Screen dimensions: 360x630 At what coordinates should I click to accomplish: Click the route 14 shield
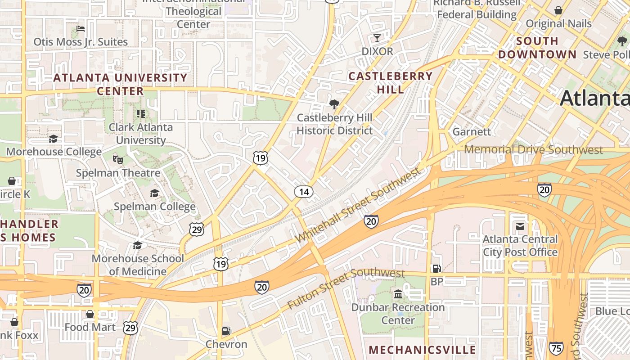[304, 192]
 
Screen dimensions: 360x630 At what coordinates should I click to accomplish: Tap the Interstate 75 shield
[556, 348]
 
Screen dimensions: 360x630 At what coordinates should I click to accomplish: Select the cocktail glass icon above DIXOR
[377, 38]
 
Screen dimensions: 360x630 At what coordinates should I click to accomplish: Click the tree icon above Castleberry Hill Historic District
[334, 104]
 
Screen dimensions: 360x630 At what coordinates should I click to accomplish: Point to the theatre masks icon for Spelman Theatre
[118, 159]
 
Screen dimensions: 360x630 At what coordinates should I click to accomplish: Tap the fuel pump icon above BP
[436, 268]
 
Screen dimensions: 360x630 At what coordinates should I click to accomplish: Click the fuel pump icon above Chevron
[226, 331]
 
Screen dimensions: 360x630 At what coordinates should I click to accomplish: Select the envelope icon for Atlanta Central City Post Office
[520, 226]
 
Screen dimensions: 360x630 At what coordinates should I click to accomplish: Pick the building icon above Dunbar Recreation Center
[398, 294]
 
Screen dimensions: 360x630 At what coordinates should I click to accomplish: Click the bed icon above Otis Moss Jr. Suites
[81, 29]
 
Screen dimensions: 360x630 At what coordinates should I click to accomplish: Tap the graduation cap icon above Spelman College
[154, 193]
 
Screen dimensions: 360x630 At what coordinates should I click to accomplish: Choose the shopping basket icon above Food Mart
[90, 314]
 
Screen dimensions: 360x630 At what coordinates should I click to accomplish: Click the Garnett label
[472, 132]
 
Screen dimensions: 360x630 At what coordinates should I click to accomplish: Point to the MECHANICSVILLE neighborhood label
[422, 350]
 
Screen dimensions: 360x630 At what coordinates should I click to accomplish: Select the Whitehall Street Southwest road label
[358, 205]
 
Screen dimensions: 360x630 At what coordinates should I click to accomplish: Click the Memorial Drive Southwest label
[533, 149]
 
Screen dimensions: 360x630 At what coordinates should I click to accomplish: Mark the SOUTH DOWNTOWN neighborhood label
[537, 48]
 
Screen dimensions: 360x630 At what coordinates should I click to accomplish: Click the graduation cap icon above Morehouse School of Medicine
[137, 245]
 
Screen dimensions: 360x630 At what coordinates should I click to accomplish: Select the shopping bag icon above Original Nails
[558, 10]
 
